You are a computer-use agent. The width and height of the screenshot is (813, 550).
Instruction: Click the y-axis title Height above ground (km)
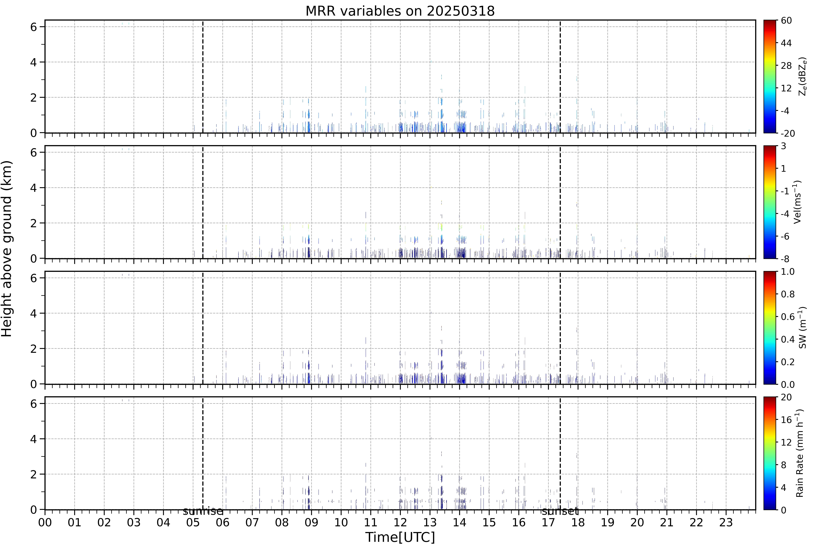coord(7,249)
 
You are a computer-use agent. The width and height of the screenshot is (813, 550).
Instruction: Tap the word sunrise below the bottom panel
coord(203,512)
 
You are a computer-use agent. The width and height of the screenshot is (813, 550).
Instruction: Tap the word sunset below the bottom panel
coord(560,512)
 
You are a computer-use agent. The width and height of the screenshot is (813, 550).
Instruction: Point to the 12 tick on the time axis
coord(400,522)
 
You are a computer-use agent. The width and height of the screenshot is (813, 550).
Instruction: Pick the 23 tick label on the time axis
coord(726,522)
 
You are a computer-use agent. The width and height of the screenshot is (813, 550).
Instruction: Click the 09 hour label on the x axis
coord(311,522)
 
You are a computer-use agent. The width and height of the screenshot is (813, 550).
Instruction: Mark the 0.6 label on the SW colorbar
coord(788,317)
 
